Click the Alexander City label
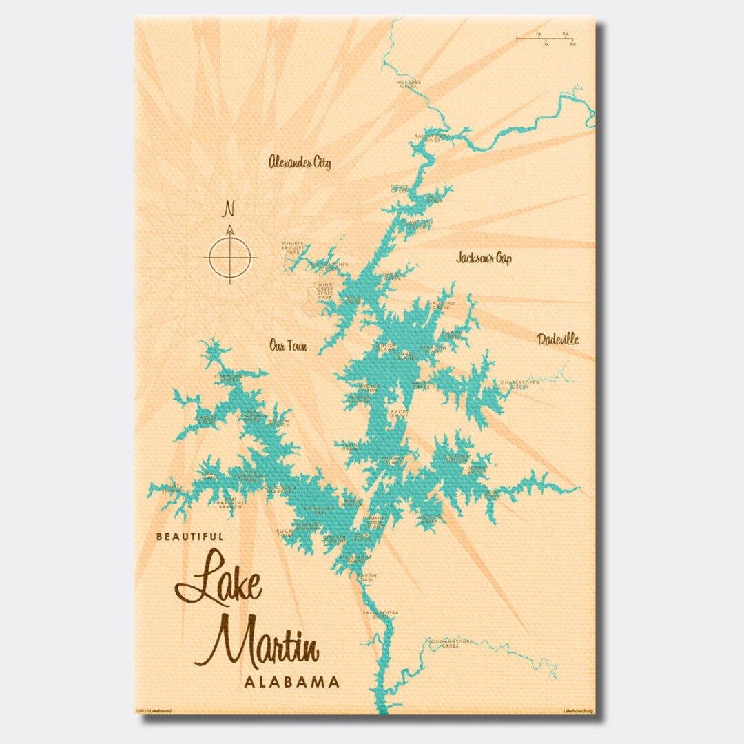tap(300, 163)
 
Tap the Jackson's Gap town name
tap(484, 258)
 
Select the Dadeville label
tap(558, 339)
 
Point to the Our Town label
tap(289, 346)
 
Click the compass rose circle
tap(230, 258)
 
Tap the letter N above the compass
tap(230, 208)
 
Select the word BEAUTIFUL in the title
tap(189, 535)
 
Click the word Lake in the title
tap(219, 582)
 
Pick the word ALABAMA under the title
tap(291, 682)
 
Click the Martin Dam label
tap(367, 577)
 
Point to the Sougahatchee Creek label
tap(451, 643)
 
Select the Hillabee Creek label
tap(407, 83)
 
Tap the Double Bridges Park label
tap(292, 247)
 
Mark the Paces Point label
tap(400, 413)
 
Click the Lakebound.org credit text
tap(577, 710)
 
